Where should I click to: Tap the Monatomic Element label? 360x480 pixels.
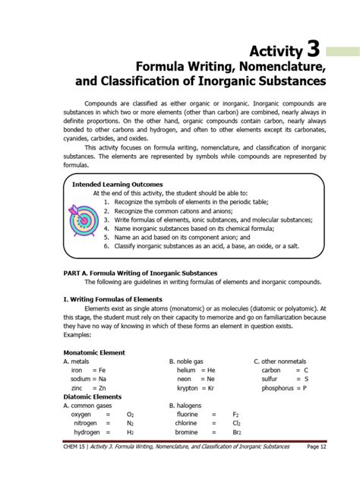94,352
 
